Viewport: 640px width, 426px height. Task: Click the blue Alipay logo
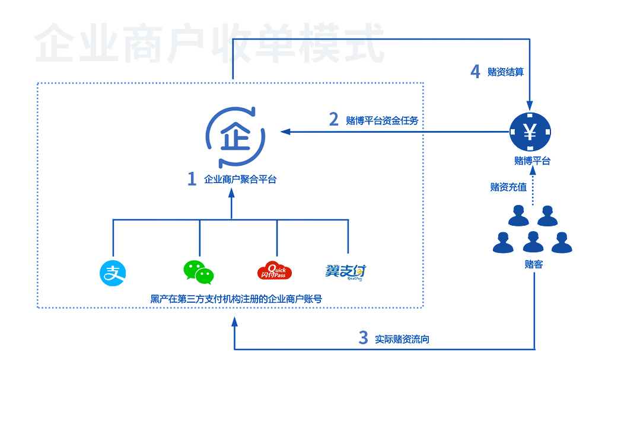pyautogui.click(x=113, y=273)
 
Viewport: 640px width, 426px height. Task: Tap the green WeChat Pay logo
pyautogui.click(x=198, y=273)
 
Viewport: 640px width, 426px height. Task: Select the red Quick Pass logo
pyautogui.click(x=275, y=271)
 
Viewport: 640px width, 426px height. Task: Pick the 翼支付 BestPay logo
pyautogui.click(x=346, y=272)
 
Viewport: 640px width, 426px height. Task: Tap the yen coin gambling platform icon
pyautogui.click(x=531, y=132)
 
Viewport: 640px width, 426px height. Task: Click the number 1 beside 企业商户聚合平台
pyautogui.click(x=192, y=179)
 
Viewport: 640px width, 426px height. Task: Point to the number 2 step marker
pyautogui.click(x=334, y=120)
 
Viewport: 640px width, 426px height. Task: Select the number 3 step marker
pyautogui.click(x=363, y=338)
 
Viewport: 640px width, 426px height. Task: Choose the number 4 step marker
pyautogui.click(x=475, y=72)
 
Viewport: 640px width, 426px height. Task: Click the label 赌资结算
pyautogui.click(x=505, y=72)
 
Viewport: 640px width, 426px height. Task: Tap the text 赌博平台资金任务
pyautogui.click(x=382, y=120)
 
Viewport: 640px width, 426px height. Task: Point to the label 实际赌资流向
pyautogui.click(x=402, y=339)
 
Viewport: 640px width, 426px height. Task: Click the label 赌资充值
pyautogui.click(x=508, y=187)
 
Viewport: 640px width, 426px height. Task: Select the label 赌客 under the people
pyautogui.click(x=533, y=264)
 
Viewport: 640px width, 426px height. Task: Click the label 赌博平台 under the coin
pyautogui.click(x=532, y=161)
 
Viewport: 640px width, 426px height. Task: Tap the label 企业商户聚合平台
pyautogui.click(x=240, y=180)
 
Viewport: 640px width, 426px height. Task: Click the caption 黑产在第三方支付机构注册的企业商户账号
pyautogui.click(x=236, y=299)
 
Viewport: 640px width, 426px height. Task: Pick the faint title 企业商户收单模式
pyautogui.click(x=209, y=43)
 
